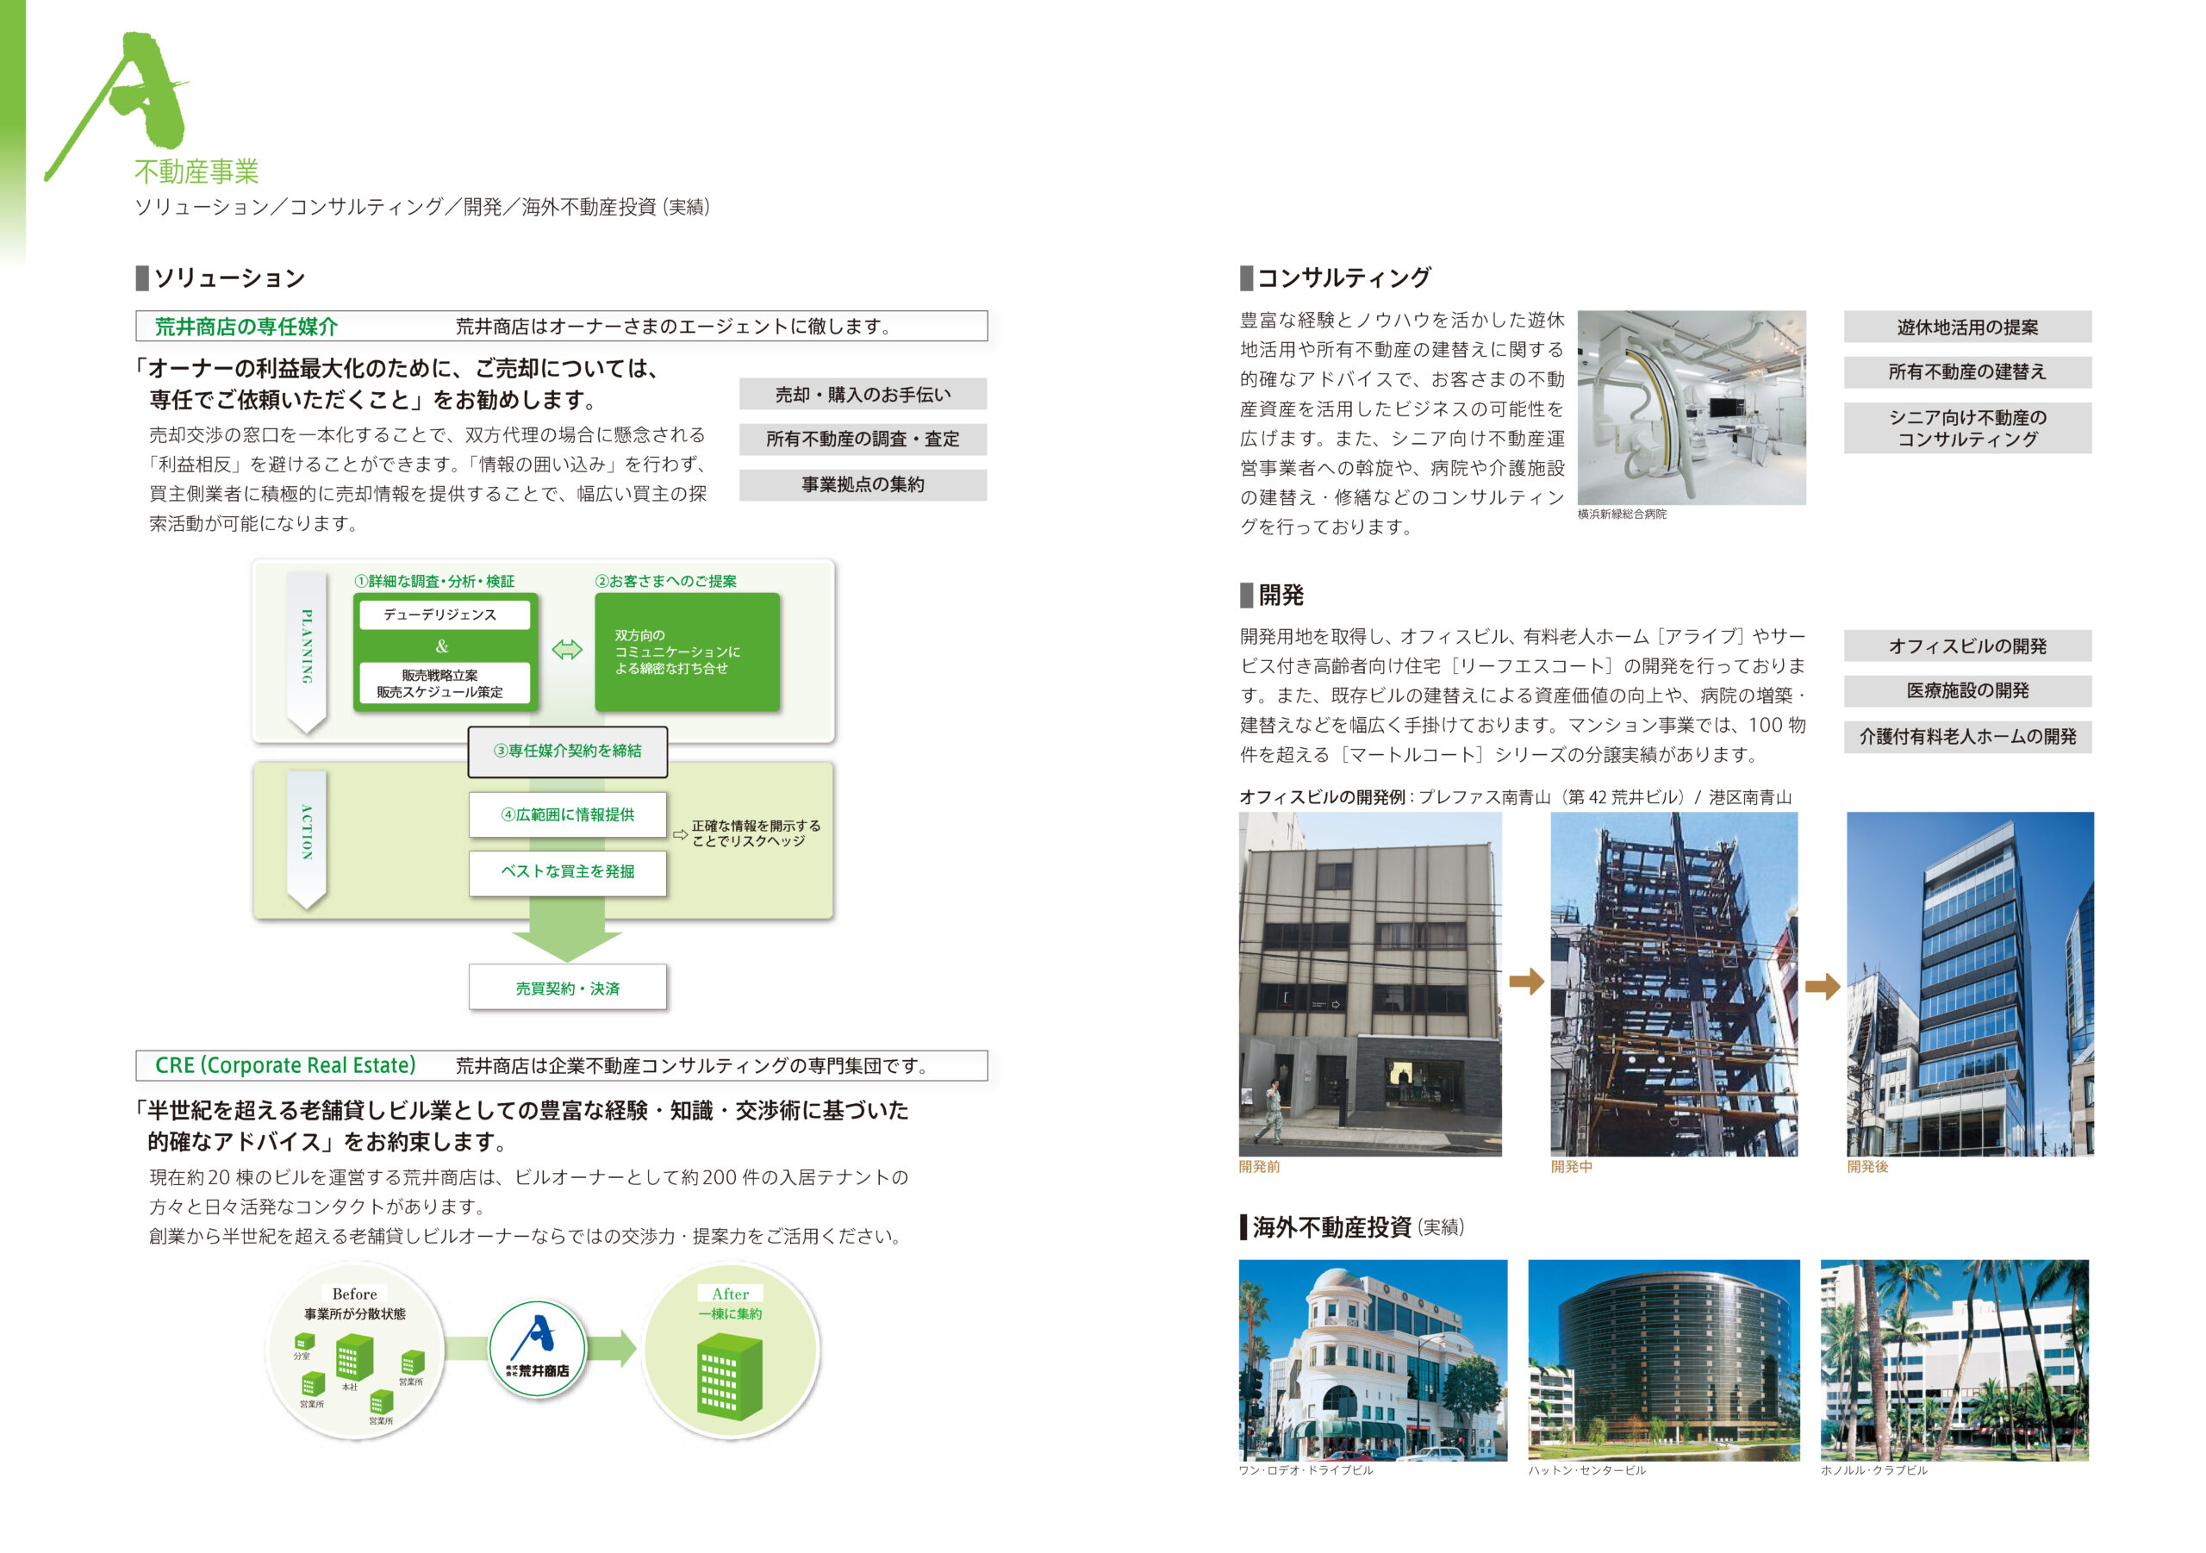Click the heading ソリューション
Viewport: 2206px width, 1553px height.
229,278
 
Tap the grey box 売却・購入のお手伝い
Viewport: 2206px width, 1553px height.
863,394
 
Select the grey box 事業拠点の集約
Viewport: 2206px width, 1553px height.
863,484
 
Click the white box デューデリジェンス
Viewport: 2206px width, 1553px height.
440,615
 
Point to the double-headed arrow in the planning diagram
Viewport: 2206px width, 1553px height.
567,650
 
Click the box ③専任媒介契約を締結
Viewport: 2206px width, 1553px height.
568,752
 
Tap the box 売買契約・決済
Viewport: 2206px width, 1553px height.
568,988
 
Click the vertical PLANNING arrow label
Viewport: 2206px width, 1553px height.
307,650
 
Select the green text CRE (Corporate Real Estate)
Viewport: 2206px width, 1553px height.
285,1066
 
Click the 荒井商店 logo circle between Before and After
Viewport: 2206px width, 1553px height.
538,1348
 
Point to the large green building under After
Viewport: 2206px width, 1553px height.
728,1376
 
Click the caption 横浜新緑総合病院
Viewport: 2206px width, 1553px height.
1622,515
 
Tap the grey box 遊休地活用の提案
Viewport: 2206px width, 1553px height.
1967,327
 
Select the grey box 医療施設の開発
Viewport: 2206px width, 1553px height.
1967,691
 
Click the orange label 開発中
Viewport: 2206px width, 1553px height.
1572,1167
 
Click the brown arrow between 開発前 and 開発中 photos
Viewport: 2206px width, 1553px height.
1527,982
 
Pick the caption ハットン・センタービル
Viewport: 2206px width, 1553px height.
1587,1470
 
